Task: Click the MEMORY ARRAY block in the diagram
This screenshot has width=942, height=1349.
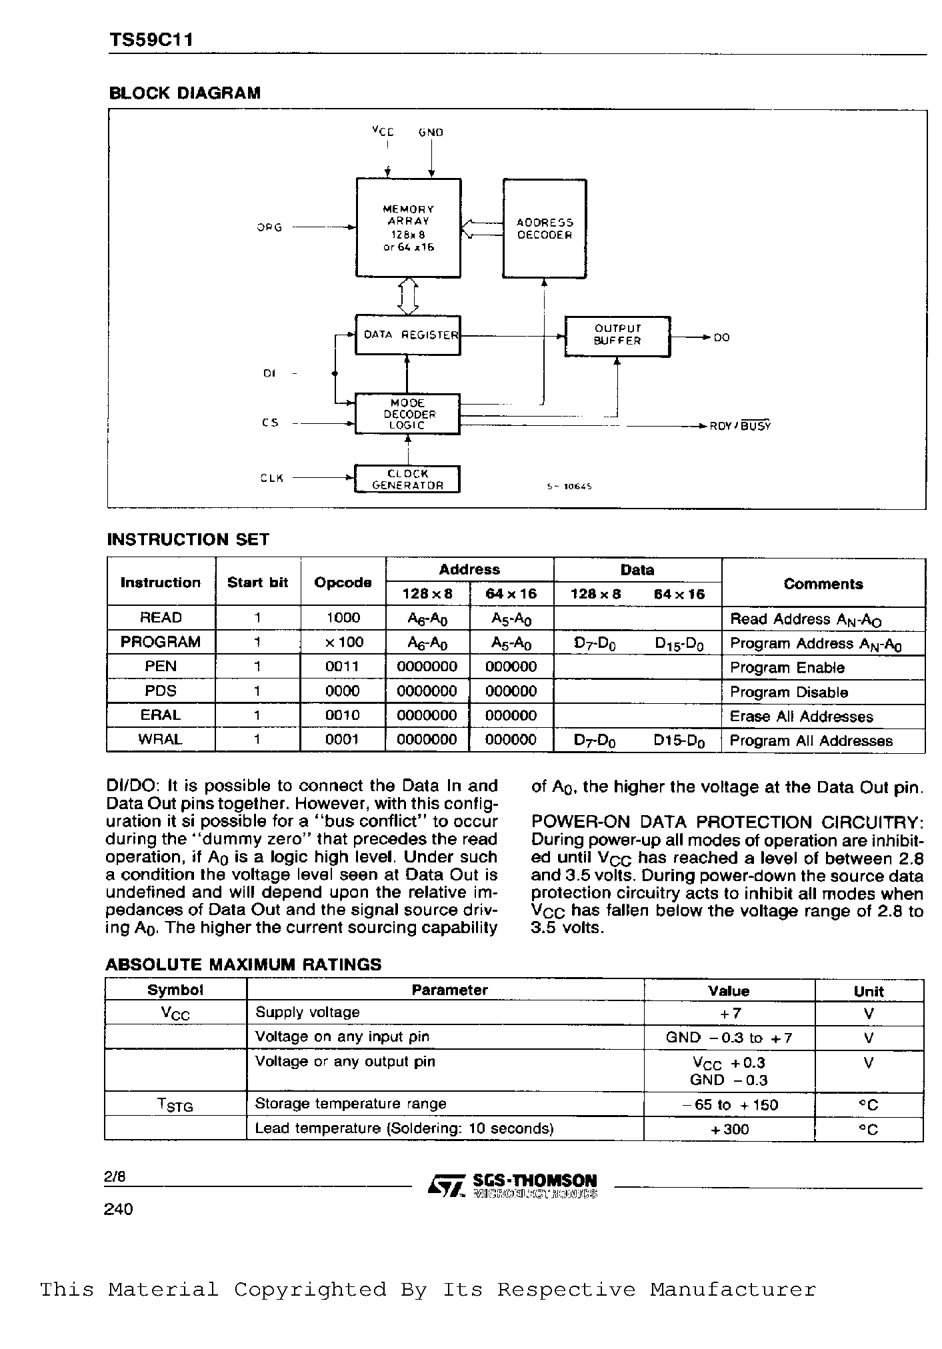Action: (408, 227)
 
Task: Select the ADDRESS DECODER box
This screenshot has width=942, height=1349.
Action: (545, 228)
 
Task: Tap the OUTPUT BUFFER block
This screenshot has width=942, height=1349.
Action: (617, 336)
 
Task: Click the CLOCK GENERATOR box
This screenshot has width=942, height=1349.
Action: (407, 479)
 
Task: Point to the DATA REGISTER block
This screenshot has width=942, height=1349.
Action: (407, 335)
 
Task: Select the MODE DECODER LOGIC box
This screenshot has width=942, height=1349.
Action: (407, 414)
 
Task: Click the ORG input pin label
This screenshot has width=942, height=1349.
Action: (270, 227)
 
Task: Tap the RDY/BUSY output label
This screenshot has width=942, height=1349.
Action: (740, 426)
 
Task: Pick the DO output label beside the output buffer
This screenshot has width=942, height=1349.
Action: (721, 337)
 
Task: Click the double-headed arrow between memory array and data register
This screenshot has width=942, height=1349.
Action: (407, 296)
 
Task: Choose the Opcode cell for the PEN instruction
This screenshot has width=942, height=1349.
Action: (343, 667)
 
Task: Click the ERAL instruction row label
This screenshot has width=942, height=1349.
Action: (161, 715)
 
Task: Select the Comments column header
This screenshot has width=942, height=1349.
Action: (823, 584)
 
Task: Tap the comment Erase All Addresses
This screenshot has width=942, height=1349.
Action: (801, 716)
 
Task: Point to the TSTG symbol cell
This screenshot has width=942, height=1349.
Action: (175, 1105)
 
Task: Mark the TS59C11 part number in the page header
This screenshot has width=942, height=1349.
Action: (151, 41)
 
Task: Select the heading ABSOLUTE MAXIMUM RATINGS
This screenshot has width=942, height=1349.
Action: (243, 964)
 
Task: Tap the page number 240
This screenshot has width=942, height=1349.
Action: (119, 1209)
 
